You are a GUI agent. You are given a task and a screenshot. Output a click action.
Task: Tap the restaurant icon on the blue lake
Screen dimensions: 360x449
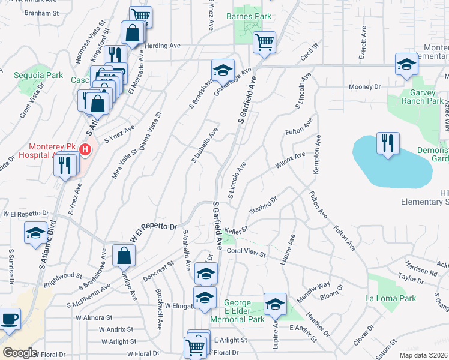click(x=387, y=143)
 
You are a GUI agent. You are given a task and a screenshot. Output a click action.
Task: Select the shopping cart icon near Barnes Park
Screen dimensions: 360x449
click(x=264, y=42)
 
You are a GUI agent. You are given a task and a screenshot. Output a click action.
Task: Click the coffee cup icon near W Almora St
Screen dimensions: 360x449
click(x=10, y=319)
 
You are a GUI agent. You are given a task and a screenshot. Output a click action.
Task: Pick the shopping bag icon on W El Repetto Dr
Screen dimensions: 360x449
click(x=123, y=256)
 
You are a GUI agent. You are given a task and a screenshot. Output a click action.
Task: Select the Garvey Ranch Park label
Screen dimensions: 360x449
click(x=418, y=97)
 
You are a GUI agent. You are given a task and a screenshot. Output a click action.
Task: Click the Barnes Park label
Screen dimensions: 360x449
click(x=249, y=16)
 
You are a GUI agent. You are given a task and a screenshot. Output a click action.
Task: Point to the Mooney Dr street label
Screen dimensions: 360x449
click(x=365, y=87)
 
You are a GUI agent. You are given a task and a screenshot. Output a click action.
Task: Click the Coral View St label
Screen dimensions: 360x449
click(x=246, y=253)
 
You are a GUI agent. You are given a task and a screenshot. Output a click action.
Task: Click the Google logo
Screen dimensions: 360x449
click(x=20, y=353)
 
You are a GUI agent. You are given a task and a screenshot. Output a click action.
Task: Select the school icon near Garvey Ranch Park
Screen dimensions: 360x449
click(x=406, y=64)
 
